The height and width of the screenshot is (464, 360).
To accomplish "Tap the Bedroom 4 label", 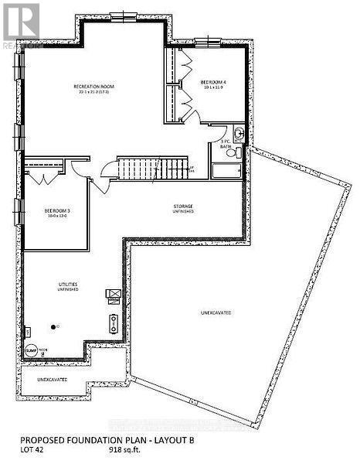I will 213,84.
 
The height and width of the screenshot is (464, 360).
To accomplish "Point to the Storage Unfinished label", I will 182,206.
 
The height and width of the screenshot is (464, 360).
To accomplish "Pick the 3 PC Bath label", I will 226,145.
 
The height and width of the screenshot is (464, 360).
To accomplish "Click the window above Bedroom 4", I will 206,41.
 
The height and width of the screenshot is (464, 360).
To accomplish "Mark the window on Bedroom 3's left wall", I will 17,210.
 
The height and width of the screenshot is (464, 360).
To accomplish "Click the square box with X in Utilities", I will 112,293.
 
